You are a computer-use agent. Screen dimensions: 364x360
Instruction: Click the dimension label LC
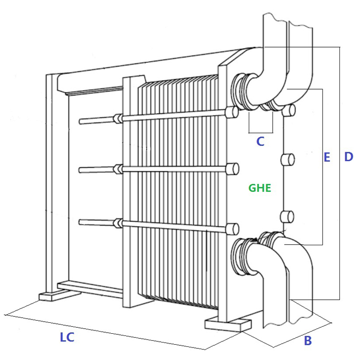pos(67,337)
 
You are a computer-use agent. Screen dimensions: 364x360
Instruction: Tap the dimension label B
pos(308,340)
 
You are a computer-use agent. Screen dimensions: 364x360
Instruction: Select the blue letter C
pos(260,141)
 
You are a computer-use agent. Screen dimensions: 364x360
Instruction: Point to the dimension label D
pos(349,157)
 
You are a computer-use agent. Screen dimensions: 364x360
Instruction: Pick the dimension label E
pos(327,157)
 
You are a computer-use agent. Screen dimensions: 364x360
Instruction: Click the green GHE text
pos(260,188)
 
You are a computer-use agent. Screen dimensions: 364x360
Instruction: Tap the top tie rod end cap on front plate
pos(231,113)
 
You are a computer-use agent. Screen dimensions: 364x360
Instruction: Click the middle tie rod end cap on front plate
pos(232,169)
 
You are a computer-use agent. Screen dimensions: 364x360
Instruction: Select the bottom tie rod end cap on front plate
pos(232,229)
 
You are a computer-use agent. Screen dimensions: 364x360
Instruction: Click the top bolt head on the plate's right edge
pos(289,110)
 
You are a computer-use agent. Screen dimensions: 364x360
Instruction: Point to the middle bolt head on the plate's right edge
pos(288,160)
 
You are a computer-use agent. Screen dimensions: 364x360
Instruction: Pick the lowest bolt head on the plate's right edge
pos(287,217)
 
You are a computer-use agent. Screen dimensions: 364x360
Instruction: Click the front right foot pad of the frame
pos(228,325)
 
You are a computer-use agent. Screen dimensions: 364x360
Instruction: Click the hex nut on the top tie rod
pos(118,119)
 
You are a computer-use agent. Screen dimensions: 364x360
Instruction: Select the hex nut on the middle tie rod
pos(118,169)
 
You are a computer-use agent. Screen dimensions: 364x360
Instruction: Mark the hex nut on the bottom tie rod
pos(118,223)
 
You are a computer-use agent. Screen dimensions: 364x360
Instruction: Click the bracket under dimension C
pos(261,133)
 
